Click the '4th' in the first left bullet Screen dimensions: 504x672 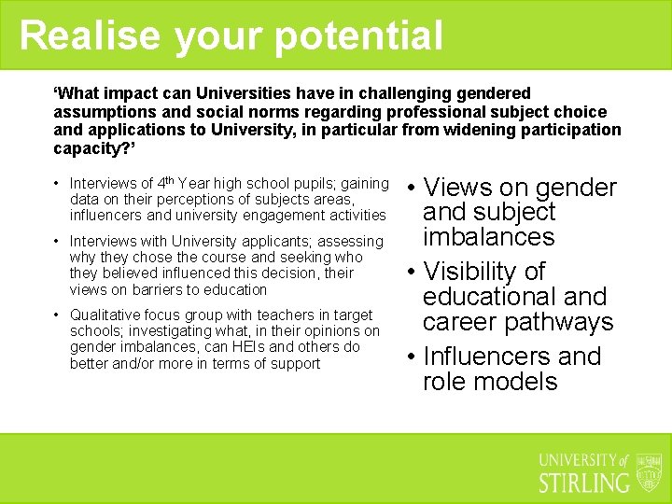pos(165,182)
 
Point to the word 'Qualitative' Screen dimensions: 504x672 pos(105,315)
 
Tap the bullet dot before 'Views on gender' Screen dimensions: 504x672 pos(411,189)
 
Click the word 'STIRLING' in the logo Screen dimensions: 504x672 pos(585,482)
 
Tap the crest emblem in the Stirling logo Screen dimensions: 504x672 pos(649,472)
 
